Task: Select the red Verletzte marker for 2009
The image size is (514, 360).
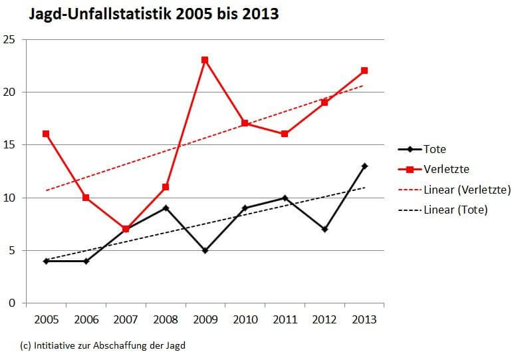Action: coord(205,60)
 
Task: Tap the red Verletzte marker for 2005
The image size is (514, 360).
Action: coord(46,134)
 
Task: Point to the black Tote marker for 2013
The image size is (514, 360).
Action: coord(364,166)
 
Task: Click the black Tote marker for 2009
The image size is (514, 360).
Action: coord(205,250)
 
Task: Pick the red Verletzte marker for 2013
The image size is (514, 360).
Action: coord(364,71)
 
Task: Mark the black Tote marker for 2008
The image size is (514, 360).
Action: coord(166,208)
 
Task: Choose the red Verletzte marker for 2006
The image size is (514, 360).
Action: coord(86,198)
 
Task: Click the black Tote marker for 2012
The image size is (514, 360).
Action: coord(324,229)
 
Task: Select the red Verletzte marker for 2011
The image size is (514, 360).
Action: coord(285,134)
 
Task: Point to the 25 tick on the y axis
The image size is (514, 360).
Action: coord(9,39)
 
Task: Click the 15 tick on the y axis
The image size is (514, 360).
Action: coord(9,145)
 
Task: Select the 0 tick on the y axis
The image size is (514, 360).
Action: coord(12,303)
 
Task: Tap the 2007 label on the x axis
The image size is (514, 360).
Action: coord(125,319)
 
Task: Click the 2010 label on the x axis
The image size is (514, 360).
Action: coord(245,319)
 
